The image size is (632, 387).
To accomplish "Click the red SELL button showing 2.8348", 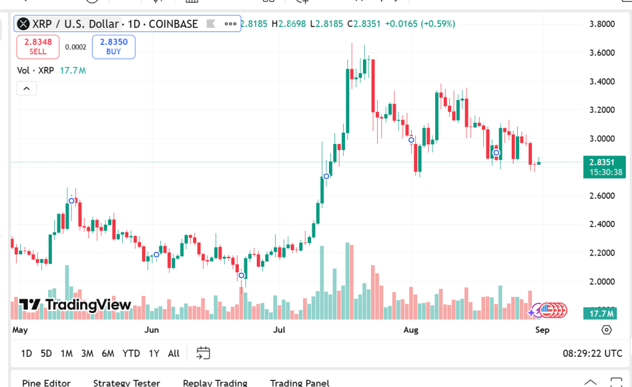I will (x=38, y=46).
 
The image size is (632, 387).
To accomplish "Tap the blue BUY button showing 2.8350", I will (x=114, y=46).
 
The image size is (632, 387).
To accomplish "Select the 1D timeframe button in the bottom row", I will (x=27, y=354).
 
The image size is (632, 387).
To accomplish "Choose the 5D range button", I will (x=46, y=354).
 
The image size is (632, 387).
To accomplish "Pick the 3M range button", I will (x=87, y=354).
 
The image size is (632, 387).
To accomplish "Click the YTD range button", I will (x=131, y=354).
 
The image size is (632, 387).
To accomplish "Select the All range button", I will (x=173, y=354).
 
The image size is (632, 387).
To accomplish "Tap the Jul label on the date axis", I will (x=279, y=330).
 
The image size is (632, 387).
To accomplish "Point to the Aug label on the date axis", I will (x=410, y=330).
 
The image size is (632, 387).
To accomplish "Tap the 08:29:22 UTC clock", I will (x=592, y=354).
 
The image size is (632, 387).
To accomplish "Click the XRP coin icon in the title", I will (x=23, y=24).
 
